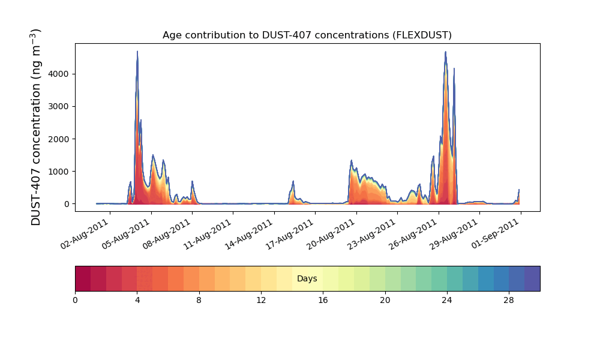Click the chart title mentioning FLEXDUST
(x=307, y=35)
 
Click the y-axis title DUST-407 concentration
(x=37, y=127)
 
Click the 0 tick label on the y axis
(x=66, y=204)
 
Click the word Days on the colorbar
(x=307, y=279)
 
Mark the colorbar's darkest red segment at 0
(x=83, y=278)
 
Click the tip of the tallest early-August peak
(x=137, y=52)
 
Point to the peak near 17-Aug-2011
(x=293, y=181)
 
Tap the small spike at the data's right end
(x=519, y=190)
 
